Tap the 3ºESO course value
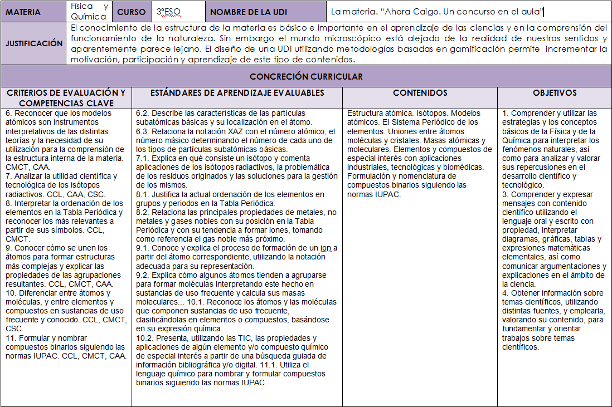[x=168, y=12]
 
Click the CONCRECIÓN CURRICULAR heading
[x=306, y=76]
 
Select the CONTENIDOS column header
[x=420, y=93]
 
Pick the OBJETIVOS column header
[x=554, y=93]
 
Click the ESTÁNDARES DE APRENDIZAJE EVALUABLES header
[x=237, y=93]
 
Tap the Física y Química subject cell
[x=89, y=11]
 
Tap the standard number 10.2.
[x=144, y=338]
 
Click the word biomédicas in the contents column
[x=464, y=167]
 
